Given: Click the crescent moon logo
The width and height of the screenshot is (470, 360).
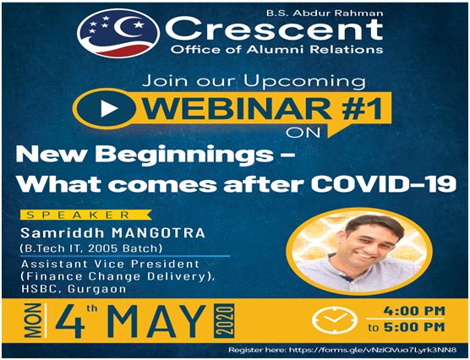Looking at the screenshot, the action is pos(118,33).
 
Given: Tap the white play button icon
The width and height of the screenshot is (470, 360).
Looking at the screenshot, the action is pos(109,108).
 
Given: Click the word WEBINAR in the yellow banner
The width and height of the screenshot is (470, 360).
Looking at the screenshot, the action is pos(238,108).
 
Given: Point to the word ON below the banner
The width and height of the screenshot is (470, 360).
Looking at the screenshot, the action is pos(303,133).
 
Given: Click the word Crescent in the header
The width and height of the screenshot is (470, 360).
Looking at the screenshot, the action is pos(274,29).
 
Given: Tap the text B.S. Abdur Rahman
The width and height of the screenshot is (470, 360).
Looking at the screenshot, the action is pos(325,14).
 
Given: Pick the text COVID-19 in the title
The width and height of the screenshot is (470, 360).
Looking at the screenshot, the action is pos(384,183).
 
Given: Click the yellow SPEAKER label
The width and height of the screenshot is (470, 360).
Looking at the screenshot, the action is pos(86,215).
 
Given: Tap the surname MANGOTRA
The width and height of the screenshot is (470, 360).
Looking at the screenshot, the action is pos(159,233).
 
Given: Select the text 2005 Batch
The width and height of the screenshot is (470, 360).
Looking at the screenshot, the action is pos(125,248).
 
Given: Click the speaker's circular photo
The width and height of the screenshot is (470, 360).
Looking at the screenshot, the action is pos(359,252).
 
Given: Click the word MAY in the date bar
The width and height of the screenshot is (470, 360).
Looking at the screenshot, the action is pos(159,322).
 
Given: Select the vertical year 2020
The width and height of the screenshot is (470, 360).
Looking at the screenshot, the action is pos(224,321).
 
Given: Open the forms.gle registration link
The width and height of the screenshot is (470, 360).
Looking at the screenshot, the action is pos(374,350).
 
